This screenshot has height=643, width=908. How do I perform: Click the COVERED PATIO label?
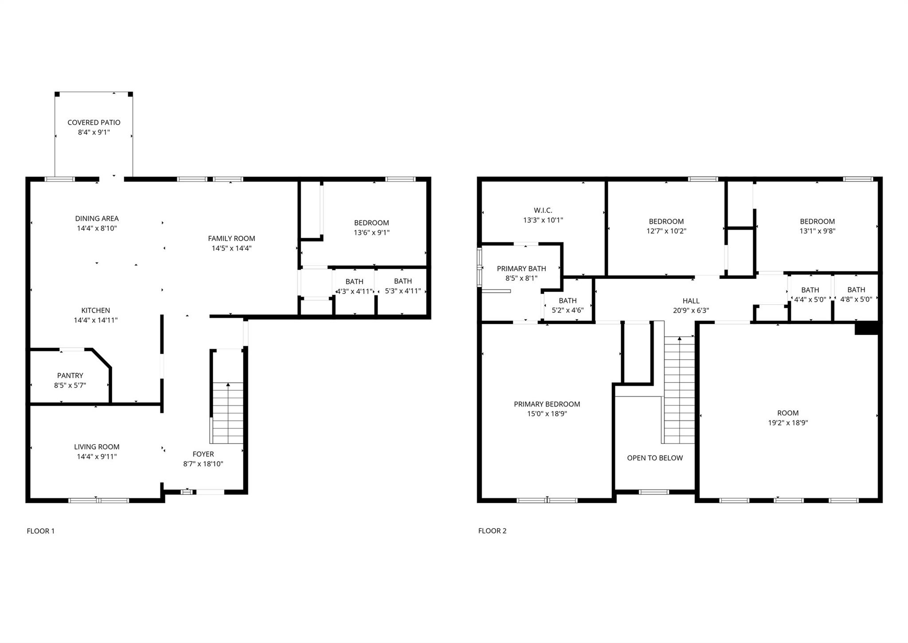[x=94, y=122]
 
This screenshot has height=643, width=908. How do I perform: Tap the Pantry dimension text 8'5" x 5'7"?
[x=70, y=385]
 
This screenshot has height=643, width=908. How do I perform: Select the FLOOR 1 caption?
[x=40, y=531]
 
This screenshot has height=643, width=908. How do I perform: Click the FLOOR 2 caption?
[x=492, y=531]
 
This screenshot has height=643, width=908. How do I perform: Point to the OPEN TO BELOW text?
[x=655, y=458]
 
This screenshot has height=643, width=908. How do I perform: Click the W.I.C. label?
[x=543, y=210]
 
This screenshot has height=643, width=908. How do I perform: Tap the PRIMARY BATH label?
[x=521, y=269]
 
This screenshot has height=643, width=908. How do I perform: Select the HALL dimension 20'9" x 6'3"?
[x=691, y=310]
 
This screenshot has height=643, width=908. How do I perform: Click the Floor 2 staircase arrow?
[x=679, y=340]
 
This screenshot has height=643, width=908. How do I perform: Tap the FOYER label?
[x=203, y=454]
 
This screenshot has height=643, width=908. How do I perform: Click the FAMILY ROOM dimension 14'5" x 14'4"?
[x=231, y=248]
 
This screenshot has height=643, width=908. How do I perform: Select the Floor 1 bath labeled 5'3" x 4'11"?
[x=403, y=291]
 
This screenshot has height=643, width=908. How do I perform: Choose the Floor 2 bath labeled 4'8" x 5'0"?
[x=856, y=299]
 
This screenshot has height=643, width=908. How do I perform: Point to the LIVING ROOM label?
[x=97, y=447]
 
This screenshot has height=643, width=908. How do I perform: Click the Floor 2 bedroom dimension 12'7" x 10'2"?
[x=666, y=231]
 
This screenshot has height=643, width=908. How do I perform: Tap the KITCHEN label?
[x=95, y=310]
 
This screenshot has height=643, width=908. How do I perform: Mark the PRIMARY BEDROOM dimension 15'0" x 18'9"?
[x=547, y=414]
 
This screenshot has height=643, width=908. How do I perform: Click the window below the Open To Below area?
[x=654, y=492]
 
